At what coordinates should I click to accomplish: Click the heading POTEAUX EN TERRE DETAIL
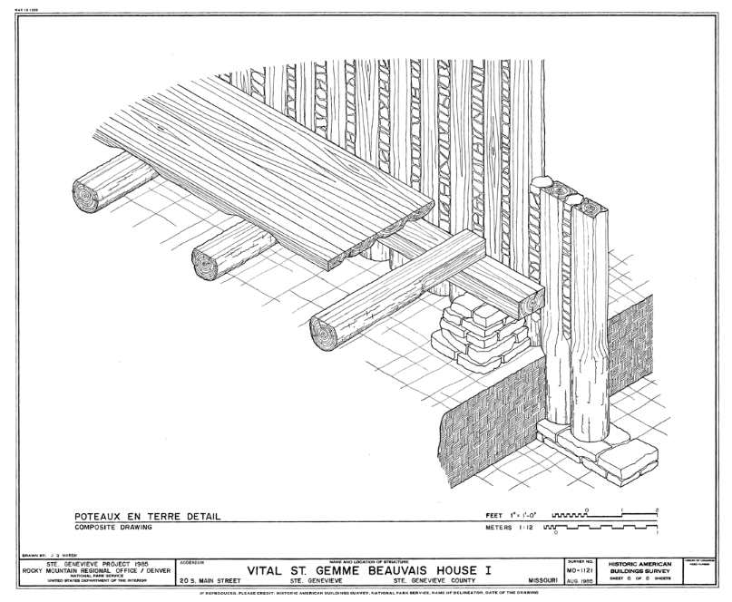[x=147, y=517]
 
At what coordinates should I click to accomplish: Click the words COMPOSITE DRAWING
[x=114, y=527]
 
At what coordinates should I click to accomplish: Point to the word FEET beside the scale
[x=494, y=516]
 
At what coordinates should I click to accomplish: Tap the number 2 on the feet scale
[x=656, y=510]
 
